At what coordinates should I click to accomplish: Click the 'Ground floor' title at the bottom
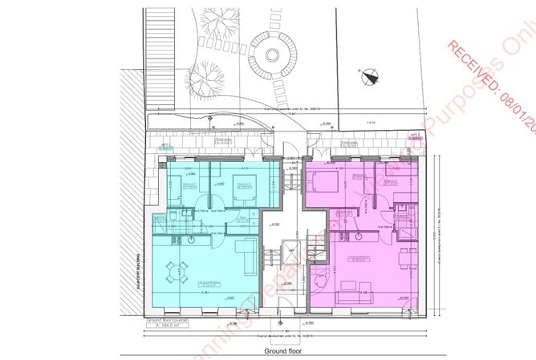pyautogui.click(x=286, y=352)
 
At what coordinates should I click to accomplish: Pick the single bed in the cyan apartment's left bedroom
pyautogui.click(x=177, y=189)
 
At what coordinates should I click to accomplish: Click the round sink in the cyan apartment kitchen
pyautogui.click(x=193, y=238)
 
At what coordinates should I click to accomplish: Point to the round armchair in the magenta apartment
pyautogui.click(x=320, y=283)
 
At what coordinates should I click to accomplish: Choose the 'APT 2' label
pyautogui.click(x=416, y=137)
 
